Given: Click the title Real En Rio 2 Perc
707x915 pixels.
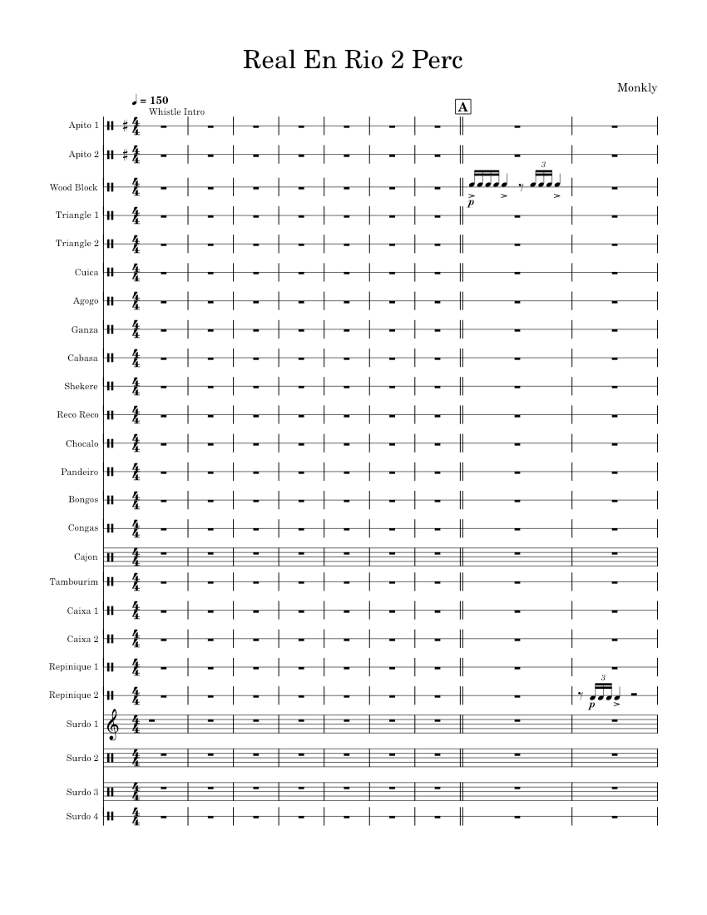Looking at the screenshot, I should (353, 61).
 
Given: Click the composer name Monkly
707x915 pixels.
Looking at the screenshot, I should (638, 87).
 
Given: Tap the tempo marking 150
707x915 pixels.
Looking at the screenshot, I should (156, 100).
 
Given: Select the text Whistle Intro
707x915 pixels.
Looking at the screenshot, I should (176, 111).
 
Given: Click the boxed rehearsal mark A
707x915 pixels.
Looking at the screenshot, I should (463, 106).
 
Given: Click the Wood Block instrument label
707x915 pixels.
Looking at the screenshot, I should (74, 187).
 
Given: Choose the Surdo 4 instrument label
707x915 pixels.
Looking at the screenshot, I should (82, 816).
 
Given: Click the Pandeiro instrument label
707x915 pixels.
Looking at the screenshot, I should (81, 472).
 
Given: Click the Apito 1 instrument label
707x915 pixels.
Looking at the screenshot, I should (84, 126).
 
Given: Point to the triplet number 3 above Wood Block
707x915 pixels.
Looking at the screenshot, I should (542, 166).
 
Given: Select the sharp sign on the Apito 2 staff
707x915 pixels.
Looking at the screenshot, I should (125, 155).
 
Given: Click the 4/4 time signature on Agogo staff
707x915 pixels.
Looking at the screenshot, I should (136, 300).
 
